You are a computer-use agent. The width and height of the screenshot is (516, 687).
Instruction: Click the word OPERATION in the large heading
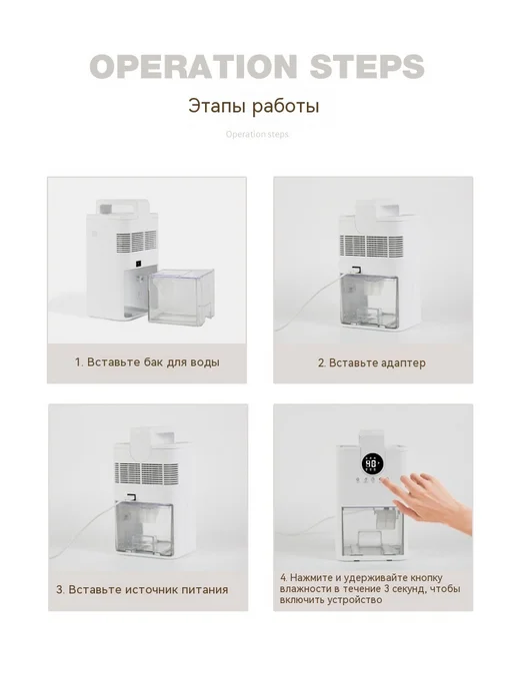[194, 67]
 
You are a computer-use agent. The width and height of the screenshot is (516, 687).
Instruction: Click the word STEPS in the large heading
[367, 67]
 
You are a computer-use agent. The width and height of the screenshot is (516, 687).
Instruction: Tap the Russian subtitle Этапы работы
[254, 107]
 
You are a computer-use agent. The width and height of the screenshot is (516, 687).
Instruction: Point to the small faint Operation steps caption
[257, 134]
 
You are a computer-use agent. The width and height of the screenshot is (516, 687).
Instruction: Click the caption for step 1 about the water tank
[147, 362]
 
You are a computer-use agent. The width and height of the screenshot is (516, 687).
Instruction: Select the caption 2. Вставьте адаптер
[372, 362]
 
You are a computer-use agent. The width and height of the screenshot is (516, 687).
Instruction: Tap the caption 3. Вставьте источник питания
[142, 590]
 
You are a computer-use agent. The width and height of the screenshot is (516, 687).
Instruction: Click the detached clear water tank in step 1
[181, 297]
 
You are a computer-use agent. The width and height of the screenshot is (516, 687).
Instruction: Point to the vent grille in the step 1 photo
[136, 243]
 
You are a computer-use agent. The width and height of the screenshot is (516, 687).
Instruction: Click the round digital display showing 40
[372, 463]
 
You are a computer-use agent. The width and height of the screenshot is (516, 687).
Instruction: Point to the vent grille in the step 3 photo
[147, 473]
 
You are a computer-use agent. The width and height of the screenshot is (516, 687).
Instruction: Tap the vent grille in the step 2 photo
[372, 246]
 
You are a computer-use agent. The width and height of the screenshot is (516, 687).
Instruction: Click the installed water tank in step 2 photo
[369, 302]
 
